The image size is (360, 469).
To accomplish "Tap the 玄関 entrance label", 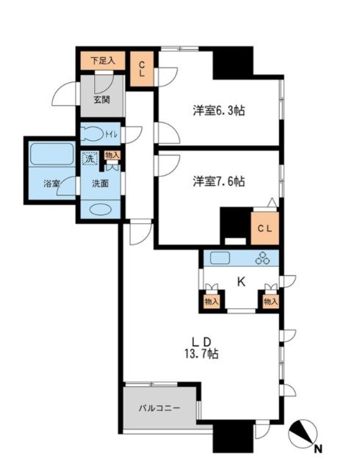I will pos(101,101).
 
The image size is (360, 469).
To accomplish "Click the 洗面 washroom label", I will pos(101,183).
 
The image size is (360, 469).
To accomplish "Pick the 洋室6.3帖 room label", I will pos(219,111).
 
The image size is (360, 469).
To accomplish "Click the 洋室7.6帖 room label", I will pos(219,181).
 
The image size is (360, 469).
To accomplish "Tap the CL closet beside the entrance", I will pos(142,70).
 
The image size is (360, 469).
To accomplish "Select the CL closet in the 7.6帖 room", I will pos(264,228).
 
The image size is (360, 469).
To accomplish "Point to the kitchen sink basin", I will pos(221,258).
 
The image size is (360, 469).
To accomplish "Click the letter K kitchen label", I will pos(240,280).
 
